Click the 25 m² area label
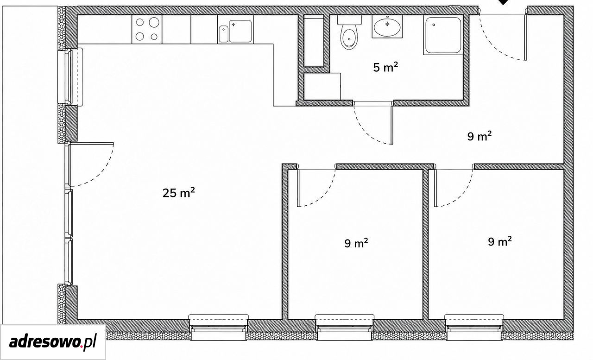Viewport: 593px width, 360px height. [x=179, y=193]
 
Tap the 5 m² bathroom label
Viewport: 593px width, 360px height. [x=385, y=67]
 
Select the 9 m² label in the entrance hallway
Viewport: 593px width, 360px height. [x=479, y=136]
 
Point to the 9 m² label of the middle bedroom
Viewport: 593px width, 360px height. [x=356, y=243]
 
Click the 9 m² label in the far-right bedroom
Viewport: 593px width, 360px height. [x=500, y=241]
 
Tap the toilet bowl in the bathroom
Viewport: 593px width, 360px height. [x=349, y=38]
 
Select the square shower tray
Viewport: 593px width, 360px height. [x=443, y=35]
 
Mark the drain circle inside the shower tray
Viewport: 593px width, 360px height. [x=434, y=25]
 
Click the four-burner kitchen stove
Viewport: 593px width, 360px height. [x=147, y=29]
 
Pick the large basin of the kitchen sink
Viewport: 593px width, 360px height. [x=240, y=31]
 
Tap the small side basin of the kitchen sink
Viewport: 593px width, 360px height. [x=224, y=34]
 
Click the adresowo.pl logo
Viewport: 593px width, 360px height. [x=53, y=342]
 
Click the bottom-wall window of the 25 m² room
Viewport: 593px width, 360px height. [x=218, y=327]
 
